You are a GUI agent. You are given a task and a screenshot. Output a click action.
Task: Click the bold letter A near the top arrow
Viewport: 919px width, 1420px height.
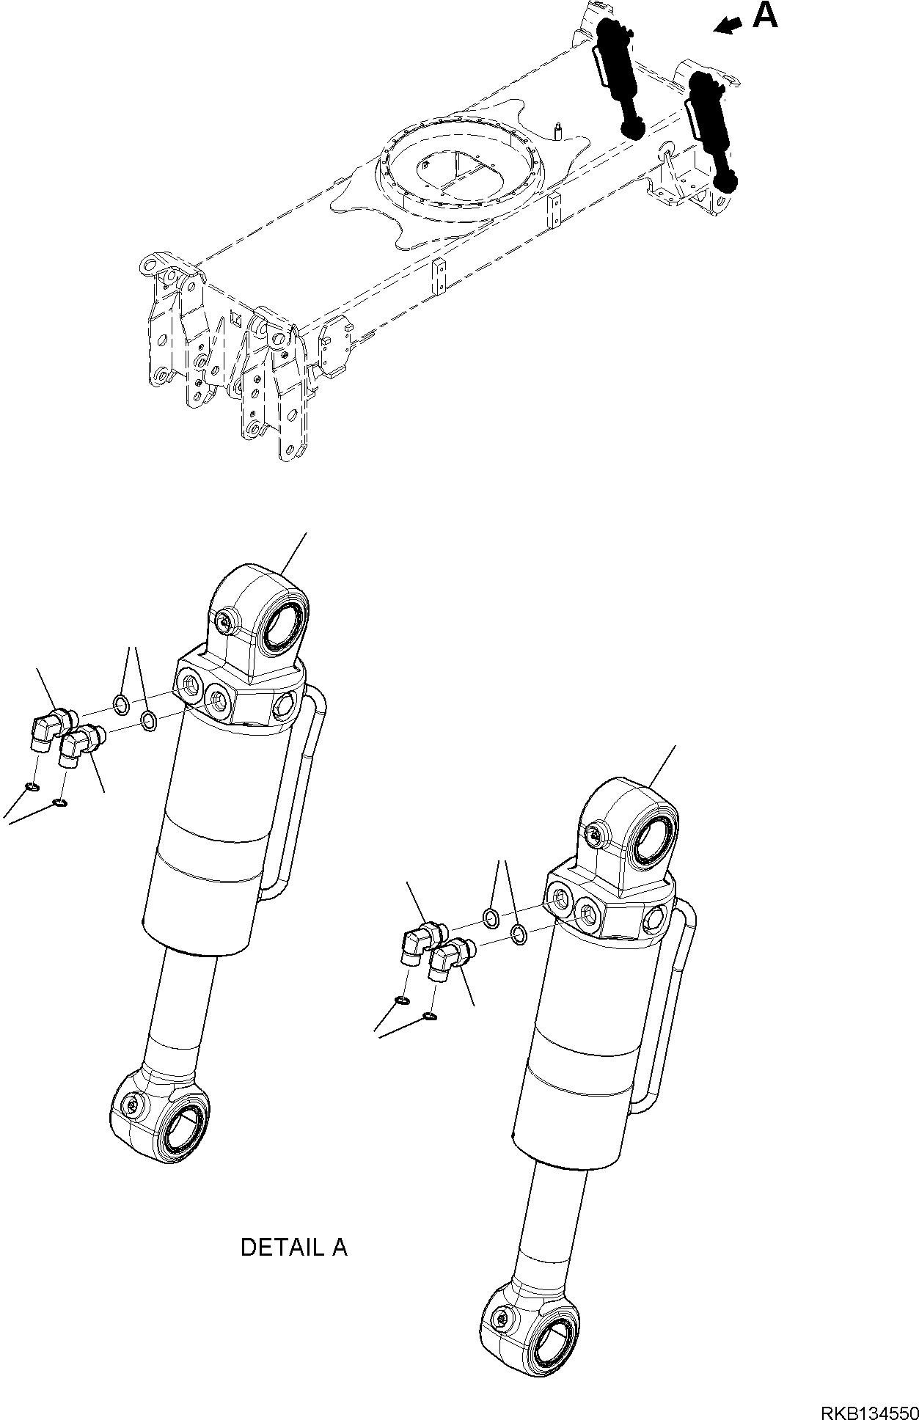[x=765, y=15]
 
